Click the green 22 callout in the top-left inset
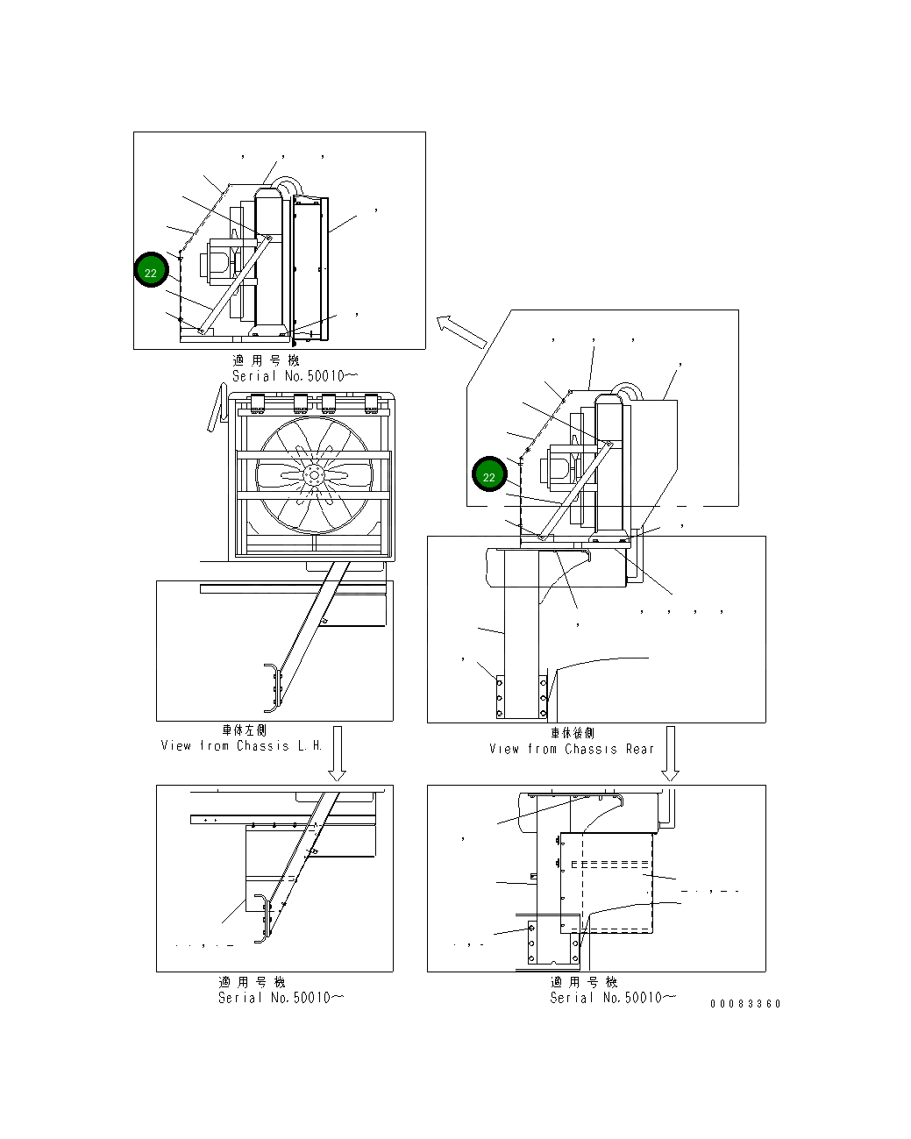click(151, 270)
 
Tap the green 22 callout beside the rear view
click(489, 474)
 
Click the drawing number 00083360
click(744, 1004)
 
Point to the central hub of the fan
click(314, 474)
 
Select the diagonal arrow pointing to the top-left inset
click(461, 331)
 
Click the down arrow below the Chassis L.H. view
click(338, 753)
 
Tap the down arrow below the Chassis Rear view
click(670, 753)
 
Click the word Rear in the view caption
click(640, 749)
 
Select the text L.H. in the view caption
click(310, 746)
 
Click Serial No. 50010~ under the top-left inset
click(295, 376)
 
